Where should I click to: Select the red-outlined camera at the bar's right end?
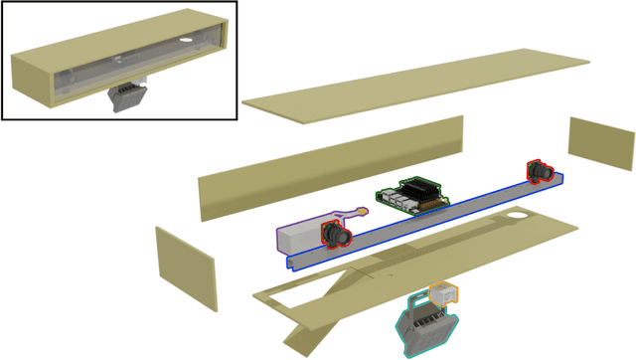coord(540,171)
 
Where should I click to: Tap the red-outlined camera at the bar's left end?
coord(335,236)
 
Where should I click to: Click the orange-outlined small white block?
coord(444,293)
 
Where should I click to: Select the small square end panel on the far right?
coord(601,145)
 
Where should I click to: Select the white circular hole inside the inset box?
coord(186,40)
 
